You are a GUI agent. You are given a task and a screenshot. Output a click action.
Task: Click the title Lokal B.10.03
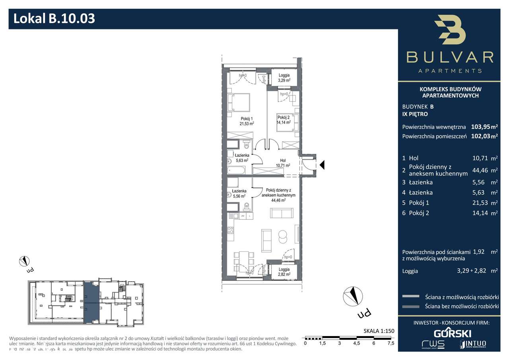pyautogui.click(x=54, y=18)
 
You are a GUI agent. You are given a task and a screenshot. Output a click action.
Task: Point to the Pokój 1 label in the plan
pyautogui.click(x=247, y=121)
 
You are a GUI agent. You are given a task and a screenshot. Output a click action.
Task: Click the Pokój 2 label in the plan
pyautogui.click(x=284, y=120)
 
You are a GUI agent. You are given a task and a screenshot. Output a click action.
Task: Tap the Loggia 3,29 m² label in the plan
pyautogui.click(x=284, y=78)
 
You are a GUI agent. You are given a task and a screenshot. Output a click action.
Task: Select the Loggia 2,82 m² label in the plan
pyautogui.click(x=284, y=272)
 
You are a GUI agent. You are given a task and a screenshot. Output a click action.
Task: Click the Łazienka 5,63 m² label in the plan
pyautogui.click(x=241, y=158)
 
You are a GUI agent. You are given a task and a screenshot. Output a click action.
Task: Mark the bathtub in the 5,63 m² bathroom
pyautogui.click(x=236, y=170)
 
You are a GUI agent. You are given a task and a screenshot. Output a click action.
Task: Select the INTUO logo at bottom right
pyautogui.click(x=472, y=344)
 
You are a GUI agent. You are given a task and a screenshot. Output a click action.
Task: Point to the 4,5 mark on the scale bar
pyautogui.click(x=356, y=343)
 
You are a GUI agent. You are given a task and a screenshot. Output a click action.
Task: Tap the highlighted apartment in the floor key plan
pyautogui.click(x=89, y=302)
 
